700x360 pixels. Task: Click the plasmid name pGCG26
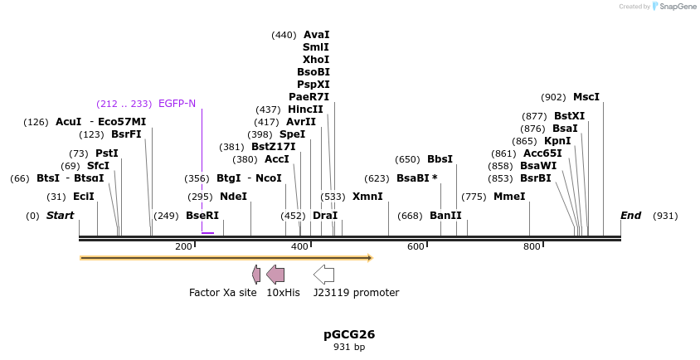pyautogui.click(x=349, y=334)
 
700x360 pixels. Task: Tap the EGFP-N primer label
pyautogui.click(x=177, y=104)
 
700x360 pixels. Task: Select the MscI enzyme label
pyautogui.click(x=586, y=97)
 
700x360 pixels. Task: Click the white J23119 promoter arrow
pyautogui.click(x=323, y=275)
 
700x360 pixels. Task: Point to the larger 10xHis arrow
pyautogui.click(x=275, y=275)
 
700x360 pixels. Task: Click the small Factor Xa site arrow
pyautogui.click(x=256, y=275)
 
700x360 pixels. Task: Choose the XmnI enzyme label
pyautogui.click(x=367, y=197)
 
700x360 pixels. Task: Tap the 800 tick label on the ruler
pyautogui.click(x=531, y=246)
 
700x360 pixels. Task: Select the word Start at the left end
pyautogui.click(x=60, y=216)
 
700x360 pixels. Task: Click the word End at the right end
pyautogui.click(x=630, y=216)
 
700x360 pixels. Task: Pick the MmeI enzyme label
pyautogui.click(x=509, y=197)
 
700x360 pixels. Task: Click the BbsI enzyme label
pyautogui.click(x=440, y=159)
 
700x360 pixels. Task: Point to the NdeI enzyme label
pyautogui.click(x=233, y=197)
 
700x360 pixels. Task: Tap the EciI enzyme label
pyautogui.click(x=83, y=197)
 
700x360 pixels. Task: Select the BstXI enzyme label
pyautogui.click(x=569, y=116)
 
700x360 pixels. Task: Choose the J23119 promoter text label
pyautogui.click(x=356, y=293)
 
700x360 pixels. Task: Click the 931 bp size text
pyautogui.click(x=349, y=348)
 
